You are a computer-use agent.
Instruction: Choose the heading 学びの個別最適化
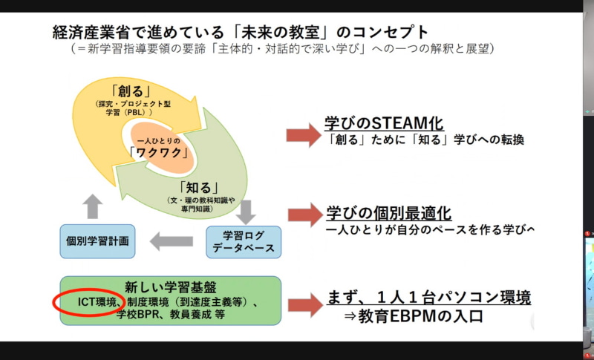pos(388,214)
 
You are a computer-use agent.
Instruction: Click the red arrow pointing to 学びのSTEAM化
pos(302,134)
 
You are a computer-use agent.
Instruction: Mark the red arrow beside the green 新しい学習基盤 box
pos(304,304)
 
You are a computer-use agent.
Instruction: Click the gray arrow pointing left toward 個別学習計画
pos(172,240)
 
